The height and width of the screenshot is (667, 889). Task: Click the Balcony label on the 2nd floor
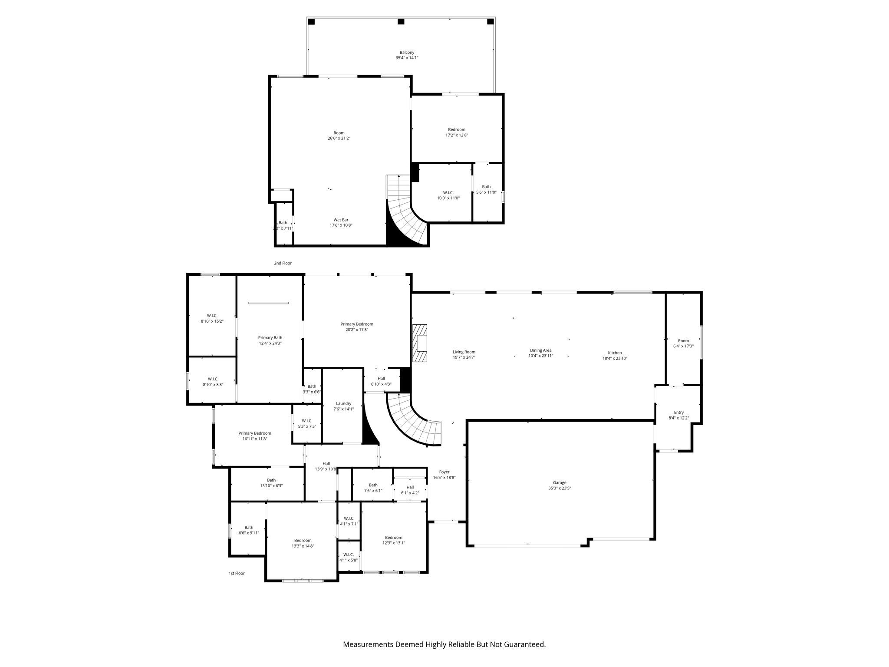pyautogui.click(x=407, y=52)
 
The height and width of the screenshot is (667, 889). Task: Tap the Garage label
pyautogui.click(x=560, y=482)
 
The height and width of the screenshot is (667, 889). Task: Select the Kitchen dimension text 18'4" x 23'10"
pyautogui.click(x=615, y=358)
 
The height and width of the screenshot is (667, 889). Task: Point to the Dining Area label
pyautogui.click(x=540, y=350)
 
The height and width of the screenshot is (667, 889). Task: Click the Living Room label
pyautogui.click(x=464, y=352)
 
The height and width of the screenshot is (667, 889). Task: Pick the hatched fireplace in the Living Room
pyautogui.click(x=420, y=343)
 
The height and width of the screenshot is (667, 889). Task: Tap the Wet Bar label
pyautogui.click(x=341, y=220)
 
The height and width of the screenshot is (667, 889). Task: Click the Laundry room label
pyautogui.click(x=343, y=403)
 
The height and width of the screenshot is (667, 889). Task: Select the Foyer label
pyautogui.click(x=444, y=472)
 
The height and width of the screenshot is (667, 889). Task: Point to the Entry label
pyautogui.click(x=678, y=413)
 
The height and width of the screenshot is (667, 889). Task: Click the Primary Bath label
pyautogui.click(x=270, y=337)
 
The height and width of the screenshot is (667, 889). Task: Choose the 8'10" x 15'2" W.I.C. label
pyautogui.click(x=212, y=318)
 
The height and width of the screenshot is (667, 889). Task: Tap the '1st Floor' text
pyautogui.click(x=237, y=573)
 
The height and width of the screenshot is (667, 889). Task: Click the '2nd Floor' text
pyautogui.click(x=283, y=263)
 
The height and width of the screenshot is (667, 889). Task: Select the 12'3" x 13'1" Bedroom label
pyautogui.click(x=393, y=540)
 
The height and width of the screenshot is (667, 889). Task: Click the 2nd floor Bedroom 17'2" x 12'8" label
pyautogui.click(x=457, y=132)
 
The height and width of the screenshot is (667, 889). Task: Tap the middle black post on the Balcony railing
pyautogui.click(x=401, y=21)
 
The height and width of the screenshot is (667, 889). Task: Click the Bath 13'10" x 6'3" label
pyautogui.click(x=271, y=483)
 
